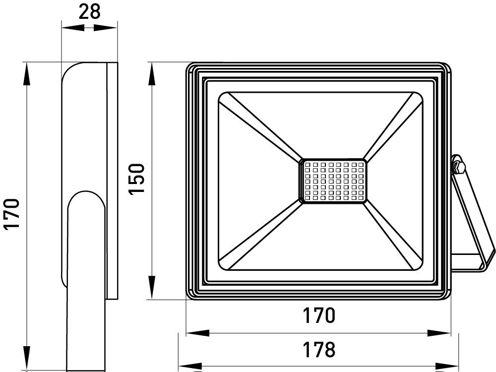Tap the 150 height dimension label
click(137, 179)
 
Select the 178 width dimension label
click(318, 350)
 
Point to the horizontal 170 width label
click(318, 315)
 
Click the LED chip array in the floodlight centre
click(333, 181)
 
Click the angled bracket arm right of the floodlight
click(471, 218)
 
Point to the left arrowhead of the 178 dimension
click(188, 368)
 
